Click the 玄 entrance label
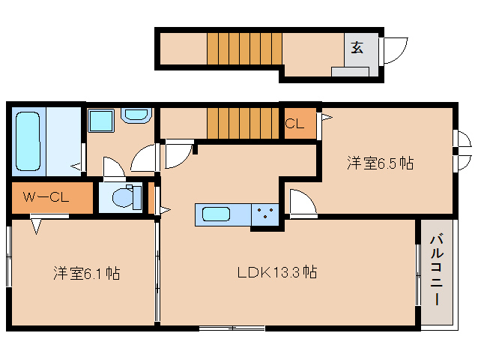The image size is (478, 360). coord(357,47)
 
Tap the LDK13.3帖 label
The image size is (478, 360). coord(277,272)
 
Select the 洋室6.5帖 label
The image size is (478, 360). coord(380,163)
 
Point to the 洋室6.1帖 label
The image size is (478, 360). coord(87,273)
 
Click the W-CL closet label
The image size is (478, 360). coord(46,197)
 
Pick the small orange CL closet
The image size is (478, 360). coord(300,123)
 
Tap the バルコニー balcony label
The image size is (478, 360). coord(437,269)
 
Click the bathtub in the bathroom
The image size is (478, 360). coord(28,141)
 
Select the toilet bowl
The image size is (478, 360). coord(127,197)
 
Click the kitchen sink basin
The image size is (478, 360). coord(216,214)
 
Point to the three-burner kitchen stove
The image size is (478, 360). coord(265,214)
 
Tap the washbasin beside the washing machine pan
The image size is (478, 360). coord(136,115)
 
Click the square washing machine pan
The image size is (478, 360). coord(101,121)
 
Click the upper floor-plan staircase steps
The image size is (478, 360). coord(244,49)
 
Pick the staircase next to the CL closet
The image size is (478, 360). coord(243,123)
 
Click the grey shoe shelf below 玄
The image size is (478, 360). coord(350,72)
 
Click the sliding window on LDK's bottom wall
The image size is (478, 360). coord(232,328)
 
